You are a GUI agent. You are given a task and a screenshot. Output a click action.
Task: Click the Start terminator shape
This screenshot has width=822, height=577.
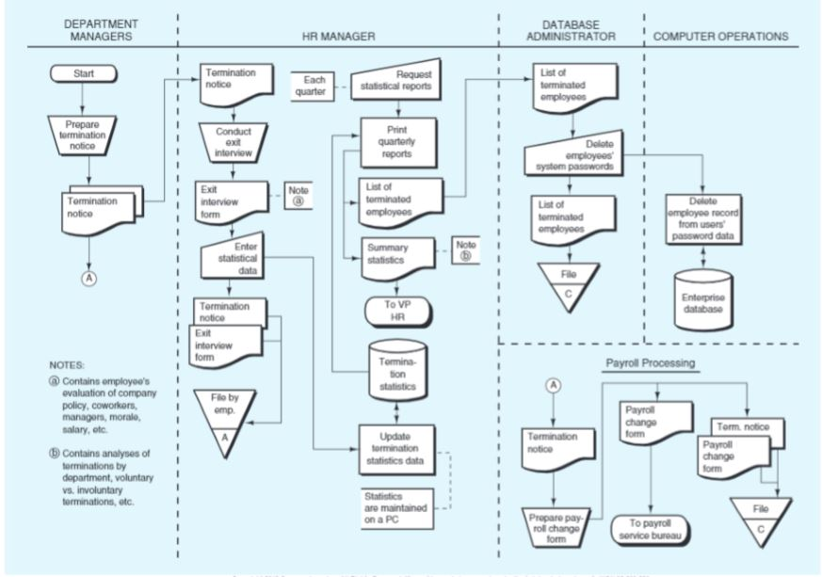[x=83, y=72]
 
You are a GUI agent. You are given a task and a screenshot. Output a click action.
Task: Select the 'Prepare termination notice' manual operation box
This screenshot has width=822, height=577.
[x=83, y=135]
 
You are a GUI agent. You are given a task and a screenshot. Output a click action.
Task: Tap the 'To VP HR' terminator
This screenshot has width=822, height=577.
[x=398, y=310]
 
